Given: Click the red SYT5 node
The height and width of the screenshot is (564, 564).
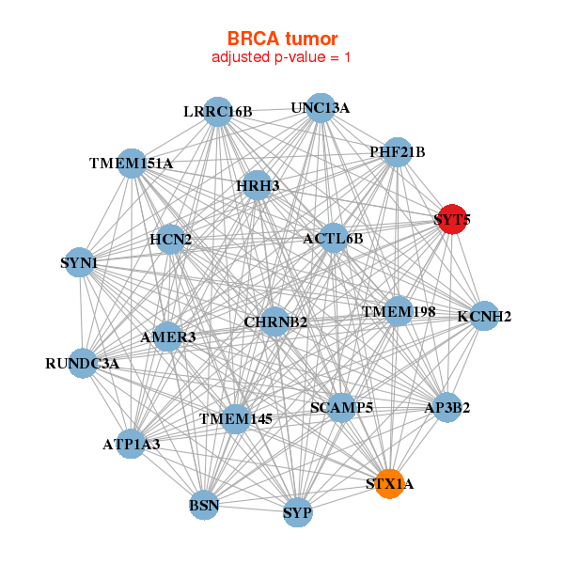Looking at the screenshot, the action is click(x=452, y=219).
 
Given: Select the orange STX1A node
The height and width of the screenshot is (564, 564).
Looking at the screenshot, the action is click(x=389, y=484).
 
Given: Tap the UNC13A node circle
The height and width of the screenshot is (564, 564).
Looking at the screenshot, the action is click(x=321, y=108).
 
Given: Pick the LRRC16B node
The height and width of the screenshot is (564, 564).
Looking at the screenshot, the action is click(x=218, y=112).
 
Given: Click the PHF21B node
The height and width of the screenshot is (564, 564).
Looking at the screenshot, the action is click(x=398, y=152).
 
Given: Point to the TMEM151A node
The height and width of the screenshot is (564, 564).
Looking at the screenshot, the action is click(x=132, y=164).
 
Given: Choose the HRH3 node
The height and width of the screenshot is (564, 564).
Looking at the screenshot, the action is click(x=258, y=185).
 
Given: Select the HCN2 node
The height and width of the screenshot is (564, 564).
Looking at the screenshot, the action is click(x=170, y=239).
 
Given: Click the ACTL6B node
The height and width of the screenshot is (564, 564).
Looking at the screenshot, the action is click(x=334, y=238).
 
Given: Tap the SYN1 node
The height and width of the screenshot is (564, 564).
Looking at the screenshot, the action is click(x=80, y=262).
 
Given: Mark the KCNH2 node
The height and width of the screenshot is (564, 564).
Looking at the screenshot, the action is click(x=484, y=316).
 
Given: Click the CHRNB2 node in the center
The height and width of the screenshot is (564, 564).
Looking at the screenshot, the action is click(x=275, y=321).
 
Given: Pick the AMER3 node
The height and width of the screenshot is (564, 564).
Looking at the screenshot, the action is click(x=167, y=337).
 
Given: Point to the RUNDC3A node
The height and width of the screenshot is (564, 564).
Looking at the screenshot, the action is click(x=83, y=363).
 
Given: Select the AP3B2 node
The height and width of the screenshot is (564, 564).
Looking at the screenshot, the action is click(x=447, y=408).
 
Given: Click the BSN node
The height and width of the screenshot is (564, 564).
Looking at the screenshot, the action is click(x=204, y=505).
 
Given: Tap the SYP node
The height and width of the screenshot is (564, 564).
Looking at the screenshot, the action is click(x=297, y=512).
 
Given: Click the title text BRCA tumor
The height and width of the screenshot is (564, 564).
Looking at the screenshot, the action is click(x=282, y=39).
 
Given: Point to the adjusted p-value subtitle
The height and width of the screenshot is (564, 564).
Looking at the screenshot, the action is click(x=281, y=57).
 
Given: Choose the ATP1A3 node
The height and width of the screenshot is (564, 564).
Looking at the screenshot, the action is click(x=132, y=444).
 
